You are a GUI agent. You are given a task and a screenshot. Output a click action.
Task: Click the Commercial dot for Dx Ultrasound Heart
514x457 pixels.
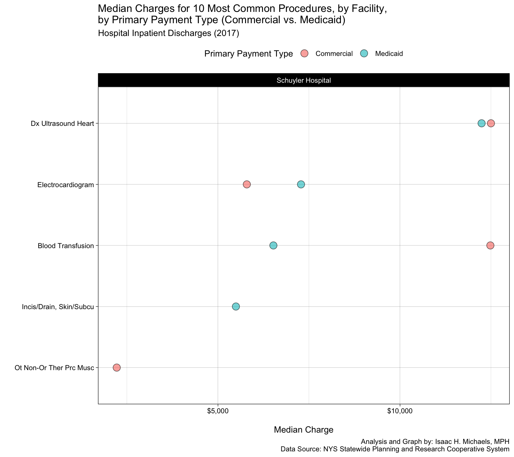pyautogui.click(x=491, y=123)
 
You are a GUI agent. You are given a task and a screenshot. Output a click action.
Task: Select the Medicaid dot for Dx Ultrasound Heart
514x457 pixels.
pyautogui.click(x=481, y=123)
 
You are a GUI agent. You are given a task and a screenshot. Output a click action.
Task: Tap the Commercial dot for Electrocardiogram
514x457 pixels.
pyautogui.click(x=247, y=184)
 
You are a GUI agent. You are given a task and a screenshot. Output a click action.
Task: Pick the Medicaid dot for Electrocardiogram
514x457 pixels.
pyautogui.click(x=301, y=184)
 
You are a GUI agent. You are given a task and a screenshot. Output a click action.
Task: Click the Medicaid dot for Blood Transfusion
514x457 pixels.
pyautogui.click(x=273, y=245)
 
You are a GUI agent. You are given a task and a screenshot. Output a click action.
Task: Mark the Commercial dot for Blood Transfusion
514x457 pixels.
pyautogui.click(x=490, y=245)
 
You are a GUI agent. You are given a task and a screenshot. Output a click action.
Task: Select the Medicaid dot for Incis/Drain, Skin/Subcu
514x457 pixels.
pyautogui.click(x=236, y=306)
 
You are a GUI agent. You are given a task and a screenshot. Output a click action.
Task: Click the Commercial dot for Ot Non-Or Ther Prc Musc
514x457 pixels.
pyautogui.click(x=117, y=367)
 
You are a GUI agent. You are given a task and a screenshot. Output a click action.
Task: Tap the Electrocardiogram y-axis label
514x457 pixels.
pyautogui.click(x=65, y=185)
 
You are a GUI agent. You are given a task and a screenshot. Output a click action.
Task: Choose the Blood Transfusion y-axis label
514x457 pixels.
pyautogui.click(x=66, y=246)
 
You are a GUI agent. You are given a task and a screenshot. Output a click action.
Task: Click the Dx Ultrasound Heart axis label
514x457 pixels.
pyautogui.click(x=62, y=123)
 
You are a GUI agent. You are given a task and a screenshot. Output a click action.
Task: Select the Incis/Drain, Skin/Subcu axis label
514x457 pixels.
pyautogui.click(x=58, y=307)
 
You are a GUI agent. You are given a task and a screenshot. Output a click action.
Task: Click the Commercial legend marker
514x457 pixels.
pyautogui.click(x=304, y=54)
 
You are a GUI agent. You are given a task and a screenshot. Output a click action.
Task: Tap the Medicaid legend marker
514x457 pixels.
pyautogui.click(x=364, y=54)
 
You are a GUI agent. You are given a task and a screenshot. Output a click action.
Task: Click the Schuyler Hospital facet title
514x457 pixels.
pyautogui.click(x=303, y=80)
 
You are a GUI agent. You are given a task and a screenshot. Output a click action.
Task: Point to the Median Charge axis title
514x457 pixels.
pyautogui.click(x=303, y=430)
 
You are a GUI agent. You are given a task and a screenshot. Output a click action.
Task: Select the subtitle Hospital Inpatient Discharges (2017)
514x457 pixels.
pyautogui.click(x=168, y=33)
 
